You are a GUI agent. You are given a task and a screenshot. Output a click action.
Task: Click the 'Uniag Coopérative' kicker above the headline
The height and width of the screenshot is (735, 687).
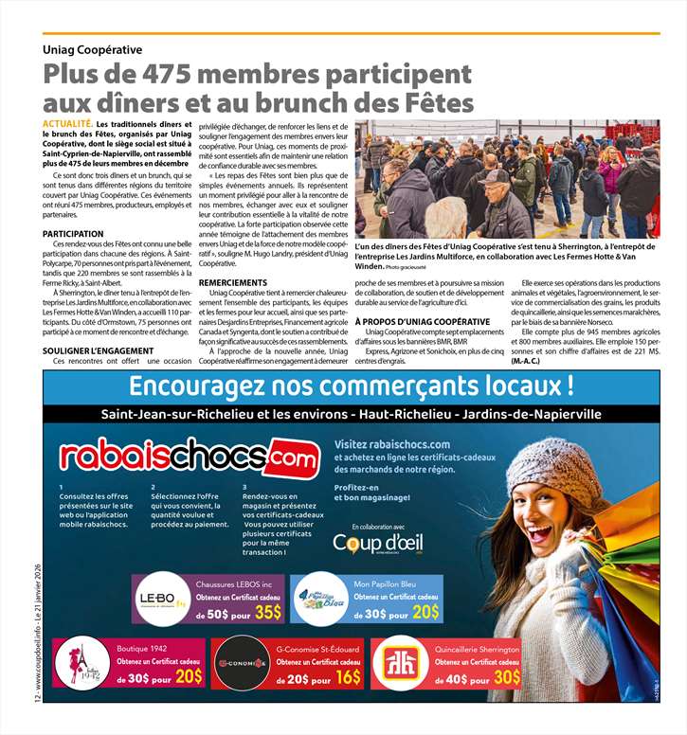(92, 49)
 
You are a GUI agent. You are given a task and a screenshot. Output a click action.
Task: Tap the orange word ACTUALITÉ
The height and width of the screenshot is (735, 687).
(66, 124)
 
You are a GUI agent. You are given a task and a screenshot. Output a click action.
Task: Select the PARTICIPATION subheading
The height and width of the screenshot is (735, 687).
(73, 234)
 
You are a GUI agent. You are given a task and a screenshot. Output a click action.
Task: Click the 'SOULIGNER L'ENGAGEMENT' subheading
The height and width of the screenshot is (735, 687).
(99, 351)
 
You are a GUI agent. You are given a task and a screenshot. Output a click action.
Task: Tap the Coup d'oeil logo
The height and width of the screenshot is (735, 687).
(378, 543)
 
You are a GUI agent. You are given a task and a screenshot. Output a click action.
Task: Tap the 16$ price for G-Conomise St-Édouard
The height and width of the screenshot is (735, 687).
(349, 675)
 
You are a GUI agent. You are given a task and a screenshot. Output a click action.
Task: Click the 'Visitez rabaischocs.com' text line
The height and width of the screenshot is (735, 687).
(392, 445)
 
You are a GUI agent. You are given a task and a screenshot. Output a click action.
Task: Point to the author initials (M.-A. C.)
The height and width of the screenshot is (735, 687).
(526, 362)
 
